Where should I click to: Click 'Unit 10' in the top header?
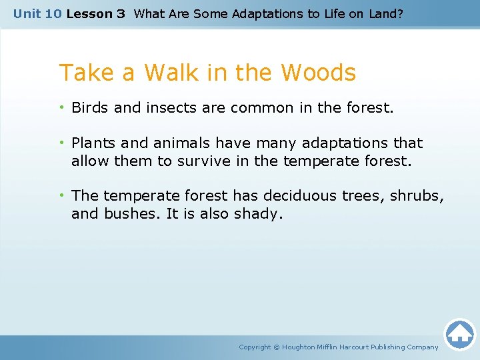(x=37, y=13)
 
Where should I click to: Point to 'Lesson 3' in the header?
(x=95, y=13)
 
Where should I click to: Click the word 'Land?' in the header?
(x=387, y=13)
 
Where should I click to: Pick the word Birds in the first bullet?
(x=90, y=107)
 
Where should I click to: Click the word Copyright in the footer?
(x=255, y=347)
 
